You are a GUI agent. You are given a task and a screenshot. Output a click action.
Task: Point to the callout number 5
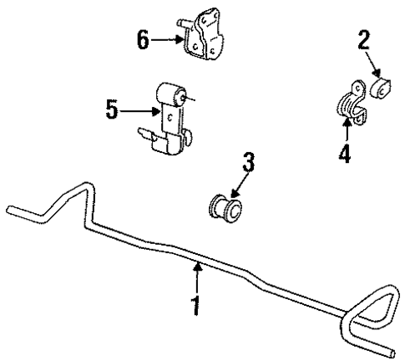[x=114, y=109]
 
